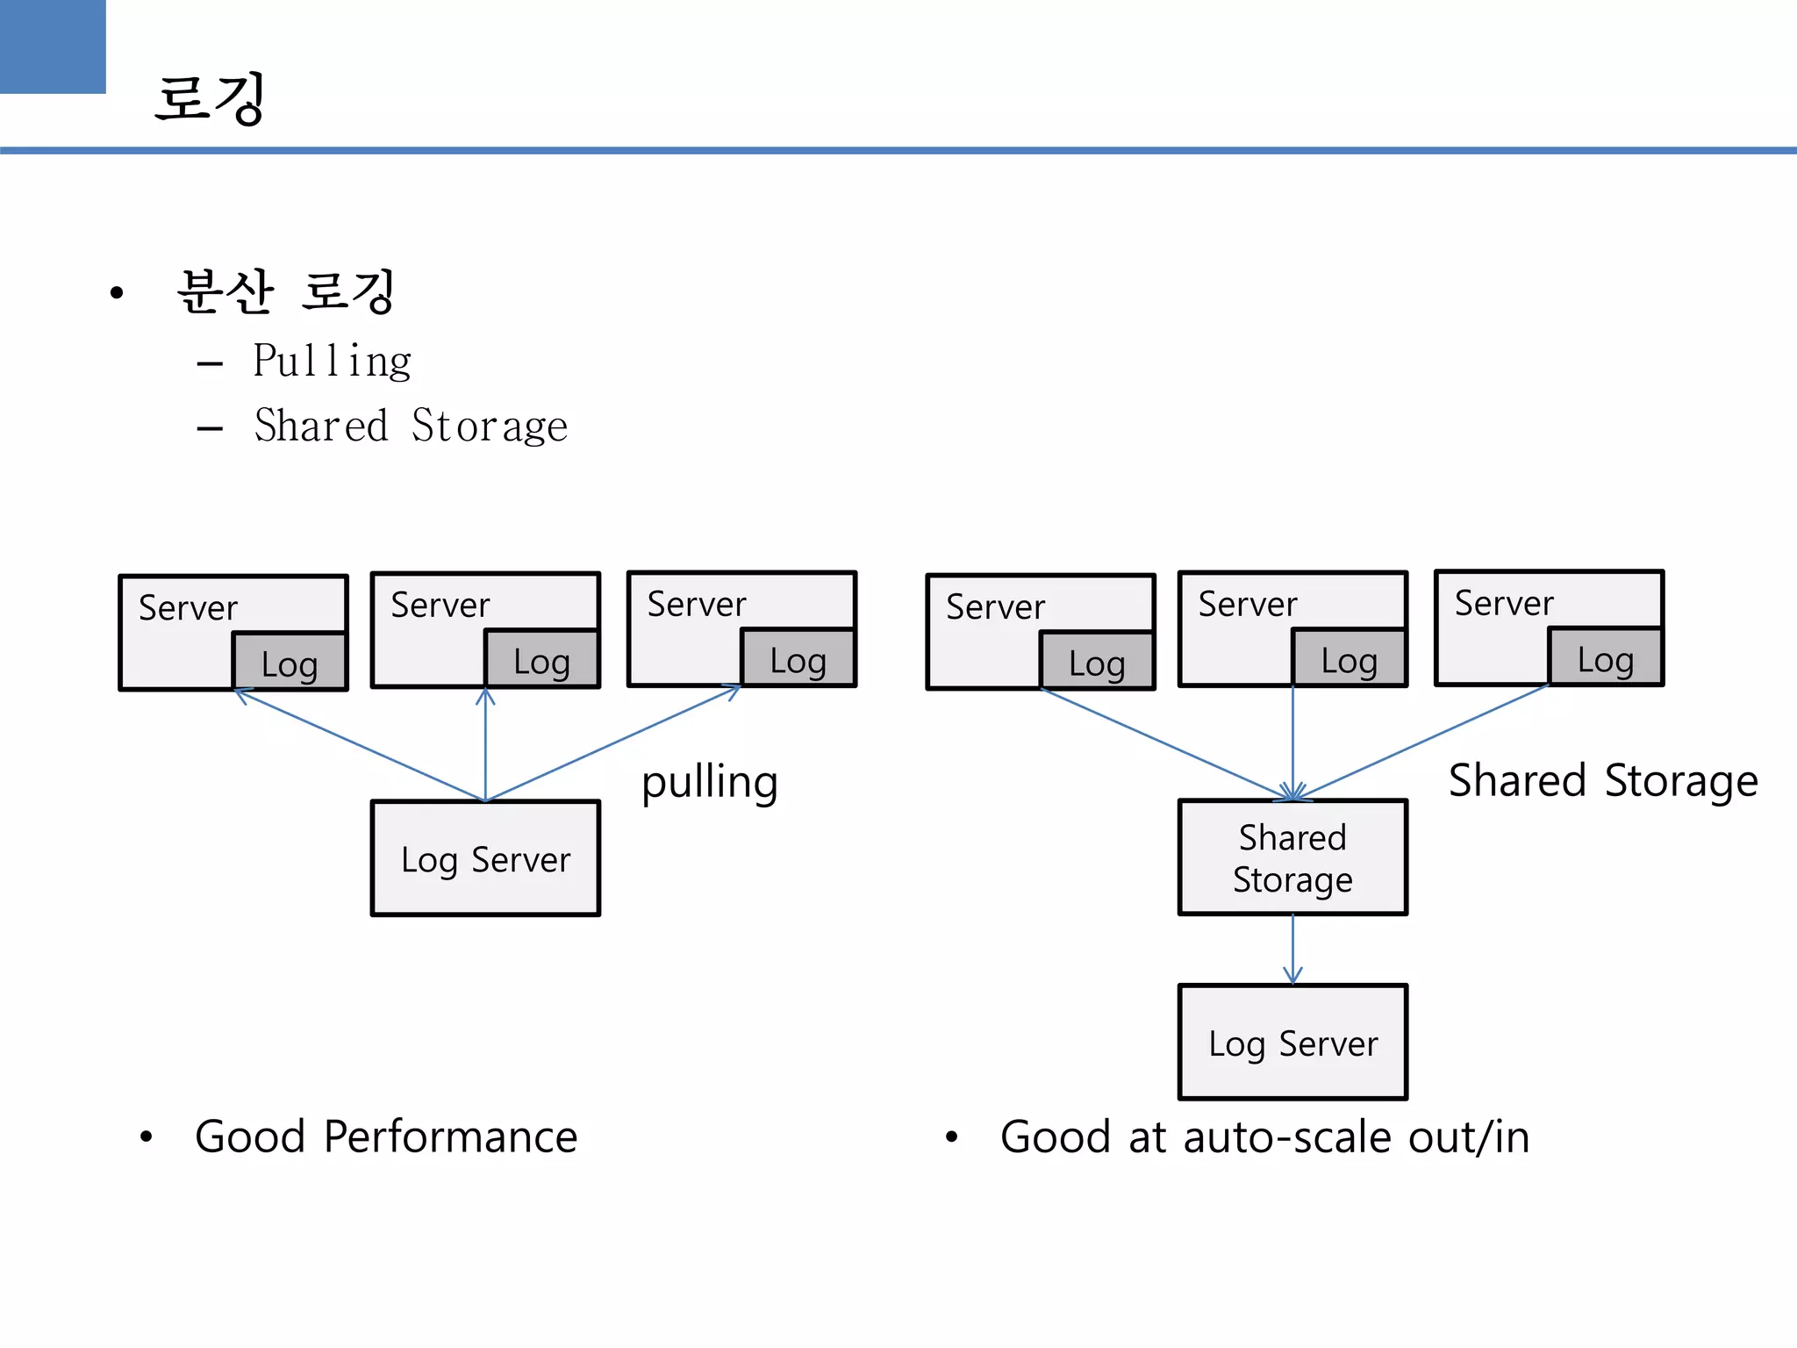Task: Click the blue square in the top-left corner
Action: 52,46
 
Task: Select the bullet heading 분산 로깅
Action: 285,291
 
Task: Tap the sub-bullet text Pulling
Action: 332,361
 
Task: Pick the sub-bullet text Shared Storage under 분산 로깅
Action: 411,426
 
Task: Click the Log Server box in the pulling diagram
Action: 485,858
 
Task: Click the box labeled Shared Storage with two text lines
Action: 1292,857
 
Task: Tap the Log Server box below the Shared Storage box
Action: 1292,1043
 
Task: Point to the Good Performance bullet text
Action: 386,1136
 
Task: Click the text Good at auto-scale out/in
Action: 1264,1136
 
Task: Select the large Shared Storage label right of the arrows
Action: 1603,780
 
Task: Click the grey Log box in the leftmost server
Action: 290,663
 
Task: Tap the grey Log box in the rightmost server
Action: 1606,657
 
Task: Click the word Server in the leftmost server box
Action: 188,607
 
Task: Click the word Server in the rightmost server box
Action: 1504,603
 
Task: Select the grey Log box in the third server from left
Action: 798,659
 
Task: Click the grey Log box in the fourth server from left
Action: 1097,662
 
